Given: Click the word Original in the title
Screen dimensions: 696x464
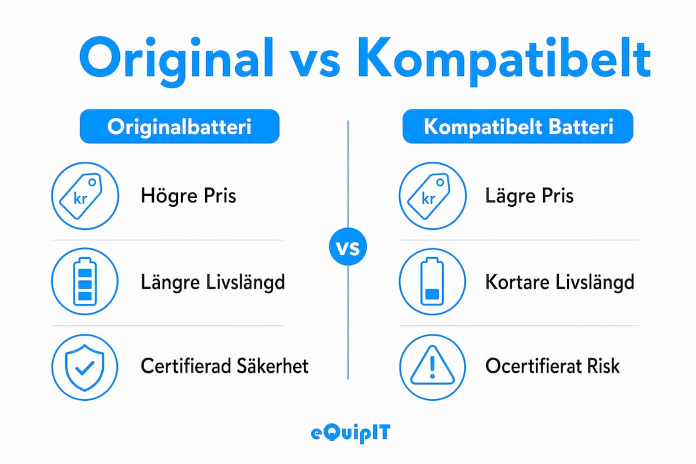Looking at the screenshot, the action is pos(176,59).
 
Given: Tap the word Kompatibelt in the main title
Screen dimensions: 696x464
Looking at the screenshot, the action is pos(503,59).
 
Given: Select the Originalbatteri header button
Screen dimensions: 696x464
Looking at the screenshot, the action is pos(179,126).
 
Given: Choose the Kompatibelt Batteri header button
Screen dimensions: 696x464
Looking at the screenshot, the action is pos(517,126).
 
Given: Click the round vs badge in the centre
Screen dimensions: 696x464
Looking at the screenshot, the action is pos(348,247).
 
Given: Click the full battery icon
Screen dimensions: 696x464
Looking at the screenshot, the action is pos(85,282).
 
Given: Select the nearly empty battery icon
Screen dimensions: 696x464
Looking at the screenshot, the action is pos(432,282).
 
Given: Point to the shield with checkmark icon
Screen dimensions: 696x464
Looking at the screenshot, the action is pos(84,367).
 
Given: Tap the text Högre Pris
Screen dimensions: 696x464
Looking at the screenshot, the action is pos(188,197).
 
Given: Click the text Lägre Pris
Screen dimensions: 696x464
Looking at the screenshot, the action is pos(529,197).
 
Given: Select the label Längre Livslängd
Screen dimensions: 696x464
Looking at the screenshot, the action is pos(213,282).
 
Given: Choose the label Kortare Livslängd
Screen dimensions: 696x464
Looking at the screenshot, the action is pos(560,282).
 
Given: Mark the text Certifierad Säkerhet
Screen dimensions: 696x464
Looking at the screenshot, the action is pos(225,366).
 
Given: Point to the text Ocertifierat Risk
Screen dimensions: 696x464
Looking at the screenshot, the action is pos(553,366).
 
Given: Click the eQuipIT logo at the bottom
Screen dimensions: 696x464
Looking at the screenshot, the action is pos(350,433).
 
